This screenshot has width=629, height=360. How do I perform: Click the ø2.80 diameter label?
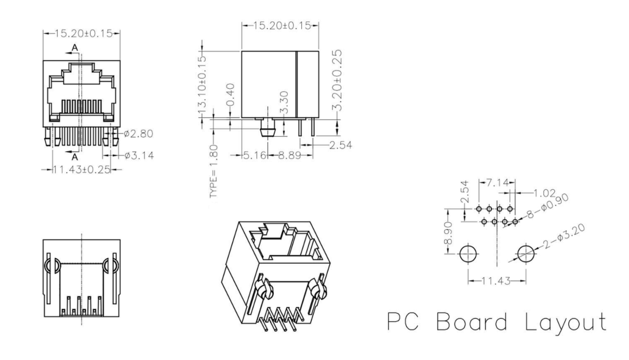click(x=138, y=134)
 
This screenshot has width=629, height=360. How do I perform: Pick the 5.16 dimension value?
click(x=255, y=155)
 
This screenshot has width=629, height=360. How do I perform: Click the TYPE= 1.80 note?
click(x=213, y=172)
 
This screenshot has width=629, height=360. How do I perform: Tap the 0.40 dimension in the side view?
click(x=232, y=94)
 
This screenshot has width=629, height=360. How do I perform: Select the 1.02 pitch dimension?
click(x=545, y=192)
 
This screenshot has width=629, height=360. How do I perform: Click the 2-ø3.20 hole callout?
click(x=564, y=238)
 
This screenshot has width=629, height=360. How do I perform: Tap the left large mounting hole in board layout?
click(x=468, y=254)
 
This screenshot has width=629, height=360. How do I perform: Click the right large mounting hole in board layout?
click(x=526, y=254)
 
